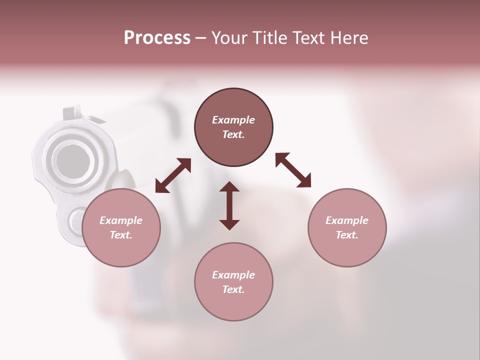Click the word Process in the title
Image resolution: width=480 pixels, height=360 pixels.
click(x=157, y=38)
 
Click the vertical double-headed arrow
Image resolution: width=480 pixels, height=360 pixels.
click(x=229, y=205)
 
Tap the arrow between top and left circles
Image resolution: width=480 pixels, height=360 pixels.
click(x=173, y=175)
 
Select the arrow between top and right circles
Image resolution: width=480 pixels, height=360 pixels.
click(x=293, y=170)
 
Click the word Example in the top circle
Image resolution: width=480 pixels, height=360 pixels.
click(x=233, y=120)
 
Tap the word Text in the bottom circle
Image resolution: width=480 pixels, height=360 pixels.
click(x=233, y=289)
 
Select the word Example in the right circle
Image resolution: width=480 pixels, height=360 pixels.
click(x=347, y=220)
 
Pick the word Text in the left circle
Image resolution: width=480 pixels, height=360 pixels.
click(x=121, y=235)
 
